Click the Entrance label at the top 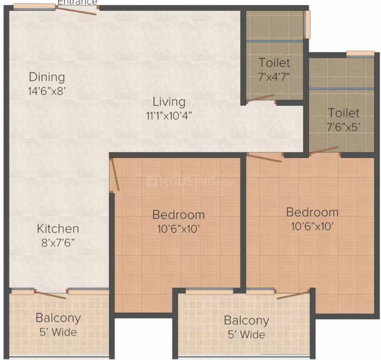click(77, 2)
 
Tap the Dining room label click(47, 77)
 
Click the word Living click(169, 102)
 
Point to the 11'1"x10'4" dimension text click(169, 115)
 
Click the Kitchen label click(58, 229)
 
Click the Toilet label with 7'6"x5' click(344, 113)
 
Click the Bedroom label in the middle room click(179, 215)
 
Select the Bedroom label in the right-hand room click(312, 212)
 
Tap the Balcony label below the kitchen click(58, 318)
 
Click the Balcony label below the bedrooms click(246, 321)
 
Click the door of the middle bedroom click(115, 175)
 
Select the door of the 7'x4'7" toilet click(261, 98)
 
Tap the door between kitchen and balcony click(50, 295)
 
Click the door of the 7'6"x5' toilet click(323, 151)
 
